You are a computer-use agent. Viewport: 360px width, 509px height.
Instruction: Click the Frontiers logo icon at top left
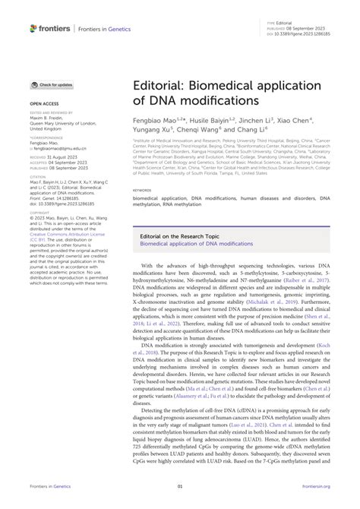click(x=33, y=27)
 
